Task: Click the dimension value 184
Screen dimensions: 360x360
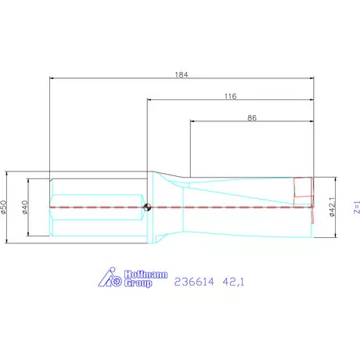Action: tap(183, 74)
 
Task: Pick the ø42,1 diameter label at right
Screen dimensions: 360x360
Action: tap(331, 207)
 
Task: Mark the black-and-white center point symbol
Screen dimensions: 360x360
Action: tap(147, 207)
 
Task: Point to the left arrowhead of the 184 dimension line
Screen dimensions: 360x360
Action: tap(52, 78)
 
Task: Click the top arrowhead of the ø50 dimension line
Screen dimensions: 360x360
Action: tap(9, 175)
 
